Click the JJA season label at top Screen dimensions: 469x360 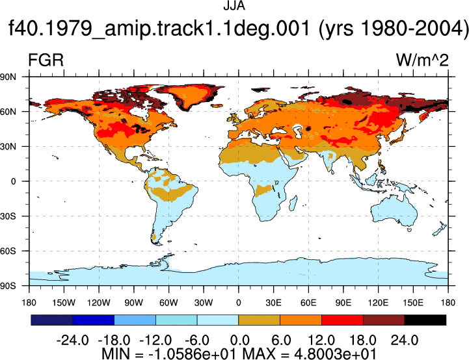point(234,6)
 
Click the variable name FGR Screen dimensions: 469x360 point(46,60)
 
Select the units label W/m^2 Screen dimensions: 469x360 point(422,60)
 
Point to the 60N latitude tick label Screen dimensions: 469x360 point(8,112)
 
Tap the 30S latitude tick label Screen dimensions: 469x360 point(8,216)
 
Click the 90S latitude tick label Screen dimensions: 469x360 point(8,286)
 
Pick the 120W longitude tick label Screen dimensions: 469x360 point(99,303)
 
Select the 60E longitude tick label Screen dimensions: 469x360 point(308,303)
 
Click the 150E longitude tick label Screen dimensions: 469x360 point(413,303)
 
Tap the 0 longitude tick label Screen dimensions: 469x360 point(238,303)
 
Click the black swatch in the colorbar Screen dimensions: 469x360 point(425,320)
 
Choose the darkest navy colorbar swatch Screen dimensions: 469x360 point(52,320)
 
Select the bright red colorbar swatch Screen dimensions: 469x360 point(342,320)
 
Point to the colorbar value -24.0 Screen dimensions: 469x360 point(72,340)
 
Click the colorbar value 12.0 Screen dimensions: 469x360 point(321,340)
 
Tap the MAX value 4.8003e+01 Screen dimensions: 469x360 point(335,354)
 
